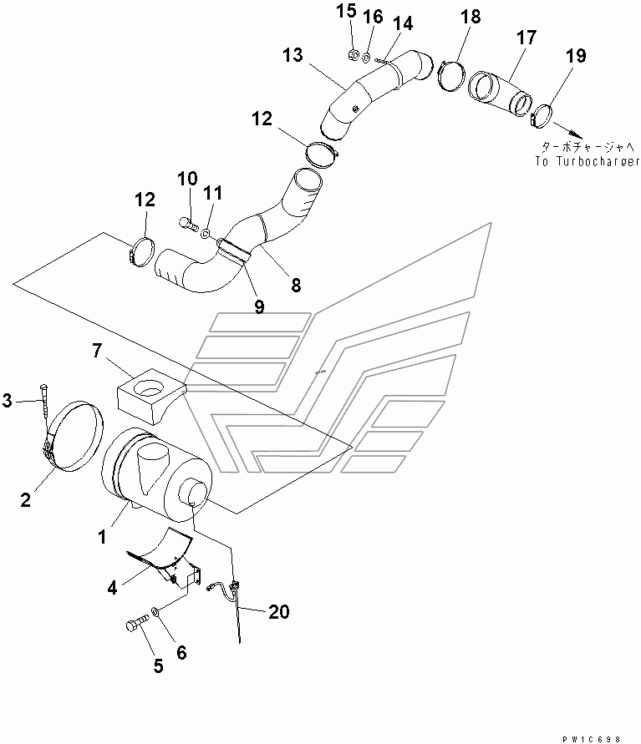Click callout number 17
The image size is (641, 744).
pyautogui.click(x=526, y=38)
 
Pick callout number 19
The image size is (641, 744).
pyautogui.click(x=576, y=57)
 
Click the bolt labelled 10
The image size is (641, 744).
pyautogui.click(x=187, y=222)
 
